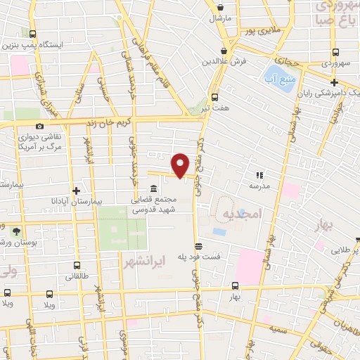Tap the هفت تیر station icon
click(x=215, y=98)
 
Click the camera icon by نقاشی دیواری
click(x=39, y=126)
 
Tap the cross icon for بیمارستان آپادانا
click(x=77, y=191)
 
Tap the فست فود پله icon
click(x=199, y=247)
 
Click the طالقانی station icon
click(x=77, y=266)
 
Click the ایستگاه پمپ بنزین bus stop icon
click(x=32, y=33)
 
